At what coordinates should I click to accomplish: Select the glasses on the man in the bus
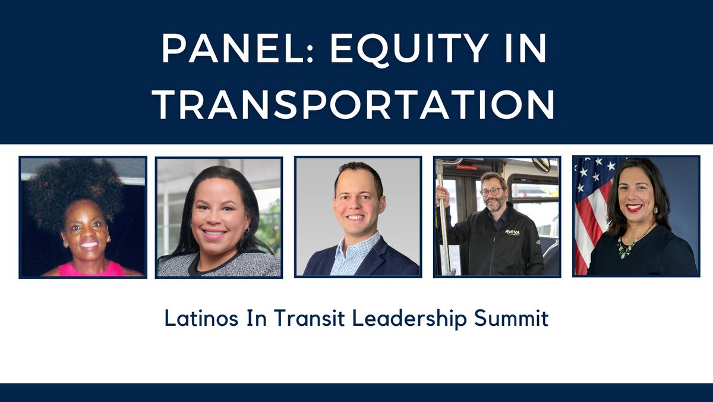coord(491,192)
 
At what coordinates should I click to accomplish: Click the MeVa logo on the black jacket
coord(513,233)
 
